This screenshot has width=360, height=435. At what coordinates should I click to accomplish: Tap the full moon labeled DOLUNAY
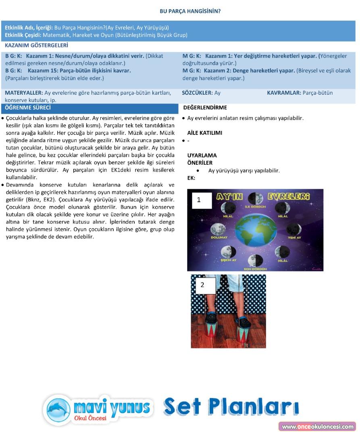click(x=218, y=229)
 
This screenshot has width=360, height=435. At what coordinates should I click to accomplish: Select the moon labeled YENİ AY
click(x=293, y=229)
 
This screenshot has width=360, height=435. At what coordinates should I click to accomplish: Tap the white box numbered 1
click(x=202, y=200)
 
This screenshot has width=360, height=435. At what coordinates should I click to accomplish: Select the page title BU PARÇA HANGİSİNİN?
click(x=190, y=11)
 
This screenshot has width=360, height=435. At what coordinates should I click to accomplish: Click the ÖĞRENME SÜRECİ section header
click(x=28, y=108)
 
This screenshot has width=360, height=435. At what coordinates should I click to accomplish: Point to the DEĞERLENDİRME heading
click(x=205, y=108)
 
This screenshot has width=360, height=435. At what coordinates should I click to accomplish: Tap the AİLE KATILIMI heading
click(x=204, y=133)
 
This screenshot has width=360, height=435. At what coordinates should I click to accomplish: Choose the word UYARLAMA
click(x=202, y=155)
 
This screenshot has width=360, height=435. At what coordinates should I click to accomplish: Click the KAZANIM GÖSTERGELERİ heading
click(x=36, y=46)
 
